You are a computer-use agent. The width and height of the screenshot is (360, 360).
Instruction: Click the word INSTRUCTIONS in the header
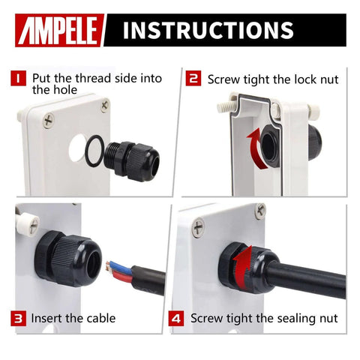click(x=208, y=30)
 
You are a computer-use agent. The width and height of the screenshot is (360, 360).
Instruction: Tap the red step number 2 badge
click(x=193, y=77)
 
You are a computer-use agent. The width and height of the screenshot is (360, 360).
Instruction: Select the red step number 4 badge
click(x=178, y=318)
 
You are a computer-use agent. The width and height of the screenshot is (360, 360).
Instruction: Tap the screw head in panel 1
click(x=49, y=118)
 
